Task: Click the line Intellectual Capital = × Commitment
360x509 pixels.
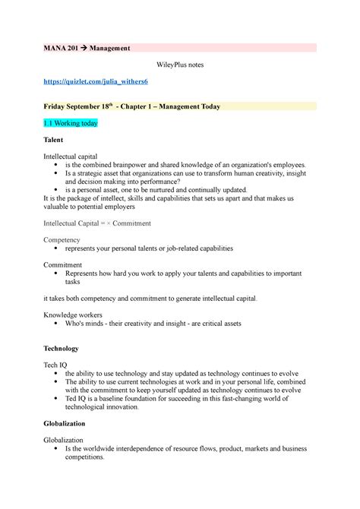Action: click(x=97, y=223)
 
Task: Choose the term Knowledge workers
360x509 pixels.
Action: click(x=74, y=314)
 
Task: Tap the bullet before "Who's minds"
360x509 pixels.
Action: click(x=58, y=323)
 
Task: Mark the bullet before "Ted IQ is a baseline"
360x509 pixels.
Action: click(x=58, y=398)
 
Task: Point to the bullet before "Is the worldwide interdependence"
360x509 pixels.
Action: click(x=58, y=449)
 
